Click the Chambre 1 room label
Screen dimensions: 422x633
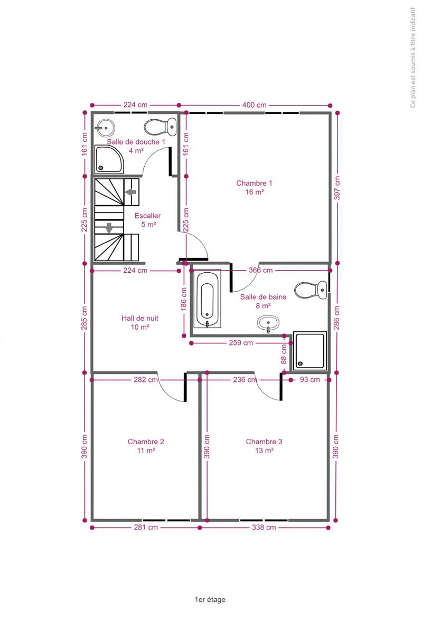click(x=254, y=187)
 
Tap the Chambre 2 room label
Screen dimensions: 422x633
click(x=146, y=446)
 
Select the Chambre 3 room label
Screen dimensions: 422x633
click(x=264, y=446)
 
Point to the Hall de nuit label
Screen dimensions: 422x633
click(x=140, y=322)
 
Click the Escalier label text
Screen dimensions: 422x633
click(x=147, y=220)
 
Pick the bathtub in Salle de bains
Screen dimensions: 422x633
click(x=207, y=299)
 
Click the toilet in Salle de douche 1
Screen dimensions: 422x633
click(x=160, y=127)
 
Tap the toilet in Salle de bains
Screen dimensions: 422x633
click(x=311, y=290)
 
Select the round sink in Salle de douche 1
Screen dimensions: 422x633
click(x=105, y=128)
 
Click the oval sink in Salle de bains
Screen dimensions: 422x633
click(x=268, y=323)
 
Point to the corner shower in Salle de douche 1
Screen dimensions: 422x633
click(x=109, y=159)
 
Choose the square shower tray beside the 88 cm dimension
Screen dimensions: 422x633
click(x=310, y=351)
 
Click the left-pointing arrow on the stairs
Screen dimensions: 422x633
click(x=131, y=192)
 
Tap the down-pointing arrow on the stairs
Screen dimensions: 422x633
click(x=109, y=228)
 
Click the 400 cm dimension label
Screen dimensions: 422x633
click(x=254, y=105)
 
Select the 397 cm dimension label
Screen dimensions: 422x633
click(x=337, y=188)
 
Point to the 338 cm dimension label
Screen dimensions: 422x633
click(x=264, y=527)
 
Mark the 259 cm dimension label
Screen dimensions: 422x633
click(x=241, y=343)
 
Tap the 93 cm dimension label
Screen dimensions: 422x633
click(x=310, y=379)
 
